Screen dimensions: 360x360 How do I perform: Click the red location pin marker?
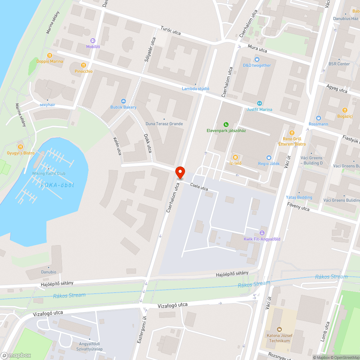point(180,173)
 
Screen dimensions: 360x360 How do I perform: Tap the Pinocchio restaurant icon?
point(84,65)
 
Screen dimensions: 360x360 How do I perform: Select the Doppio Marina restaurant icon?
point(50,55)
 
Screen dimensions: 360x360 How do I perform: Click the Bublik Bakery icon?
point(123,101)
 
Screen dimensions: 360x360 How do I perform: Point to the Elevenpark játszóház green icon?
point(226,125)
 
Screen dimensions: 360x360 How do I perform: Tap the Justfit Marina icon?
point(259,103)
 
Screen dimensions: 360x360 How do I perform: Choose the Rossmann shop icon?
point(318,118)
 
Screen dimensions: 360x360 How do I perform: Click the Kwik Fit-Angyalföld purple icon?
point(262,233)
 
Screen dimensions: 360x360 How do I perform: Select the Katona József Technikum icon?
point(279,329)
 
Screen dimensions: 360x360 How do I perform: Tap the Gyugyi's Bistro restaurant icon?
point(21,147)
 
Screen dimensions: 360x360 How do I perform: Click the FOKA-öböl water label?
point(58,185)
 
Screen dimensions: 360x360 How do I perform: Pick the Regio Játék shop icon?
point(269,157)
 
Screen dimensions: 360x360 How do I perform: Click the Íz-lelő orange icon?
point(235,157)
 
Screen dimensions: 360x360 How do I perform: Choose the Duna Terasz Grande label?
point(164,124)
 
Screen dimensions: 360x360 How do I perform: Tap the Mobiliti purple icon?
point(93,41)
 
